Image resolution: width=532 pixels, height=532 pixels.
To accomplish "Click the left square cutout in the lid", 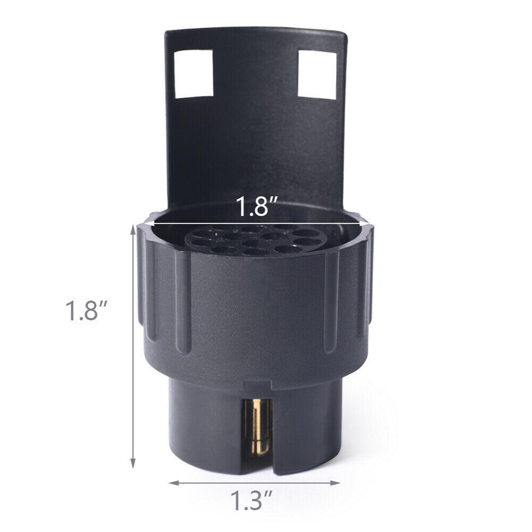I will tap(194, 73).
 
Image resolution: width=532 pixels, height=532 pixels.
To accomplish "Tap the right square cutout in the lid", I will tap(317, 74).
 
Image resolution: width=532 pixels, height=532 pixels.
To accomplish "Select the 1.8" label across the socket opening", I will tap(254, 207).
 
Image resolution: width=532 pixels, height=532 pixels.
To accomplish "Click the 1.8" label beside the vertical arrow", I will tap(87, 311).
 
